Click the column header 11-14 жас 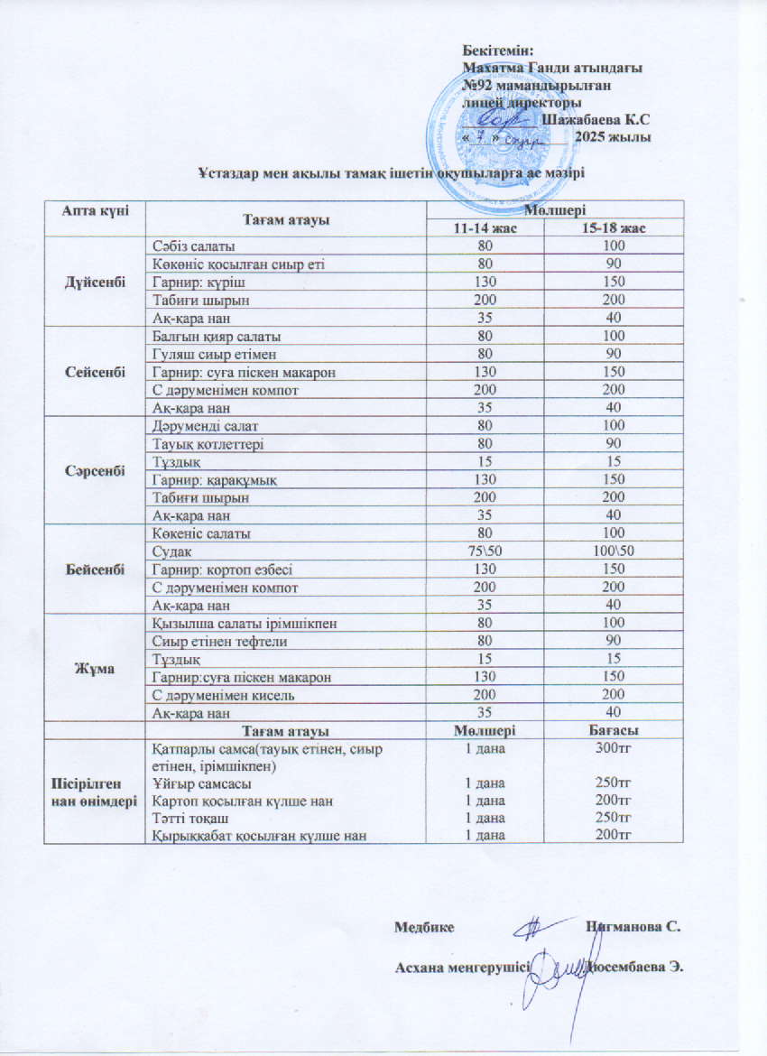pos(486,227)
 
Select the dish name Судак pos(171,551)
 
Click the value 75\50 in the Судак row pos(486,551)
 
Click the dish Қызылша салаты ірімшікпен pos(236,622)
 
